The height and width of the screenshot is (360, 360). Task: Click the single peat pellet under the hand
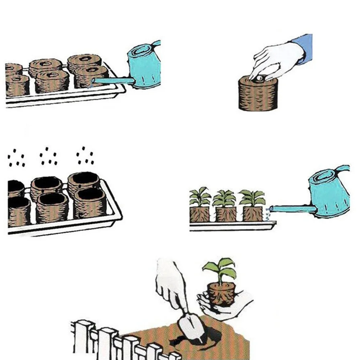pos(257,94)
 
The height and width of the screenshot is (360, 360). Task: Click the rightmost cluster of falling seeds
pos(85,156)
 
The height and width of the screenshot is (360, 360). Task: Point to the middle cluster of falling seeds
pos(48,157)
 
